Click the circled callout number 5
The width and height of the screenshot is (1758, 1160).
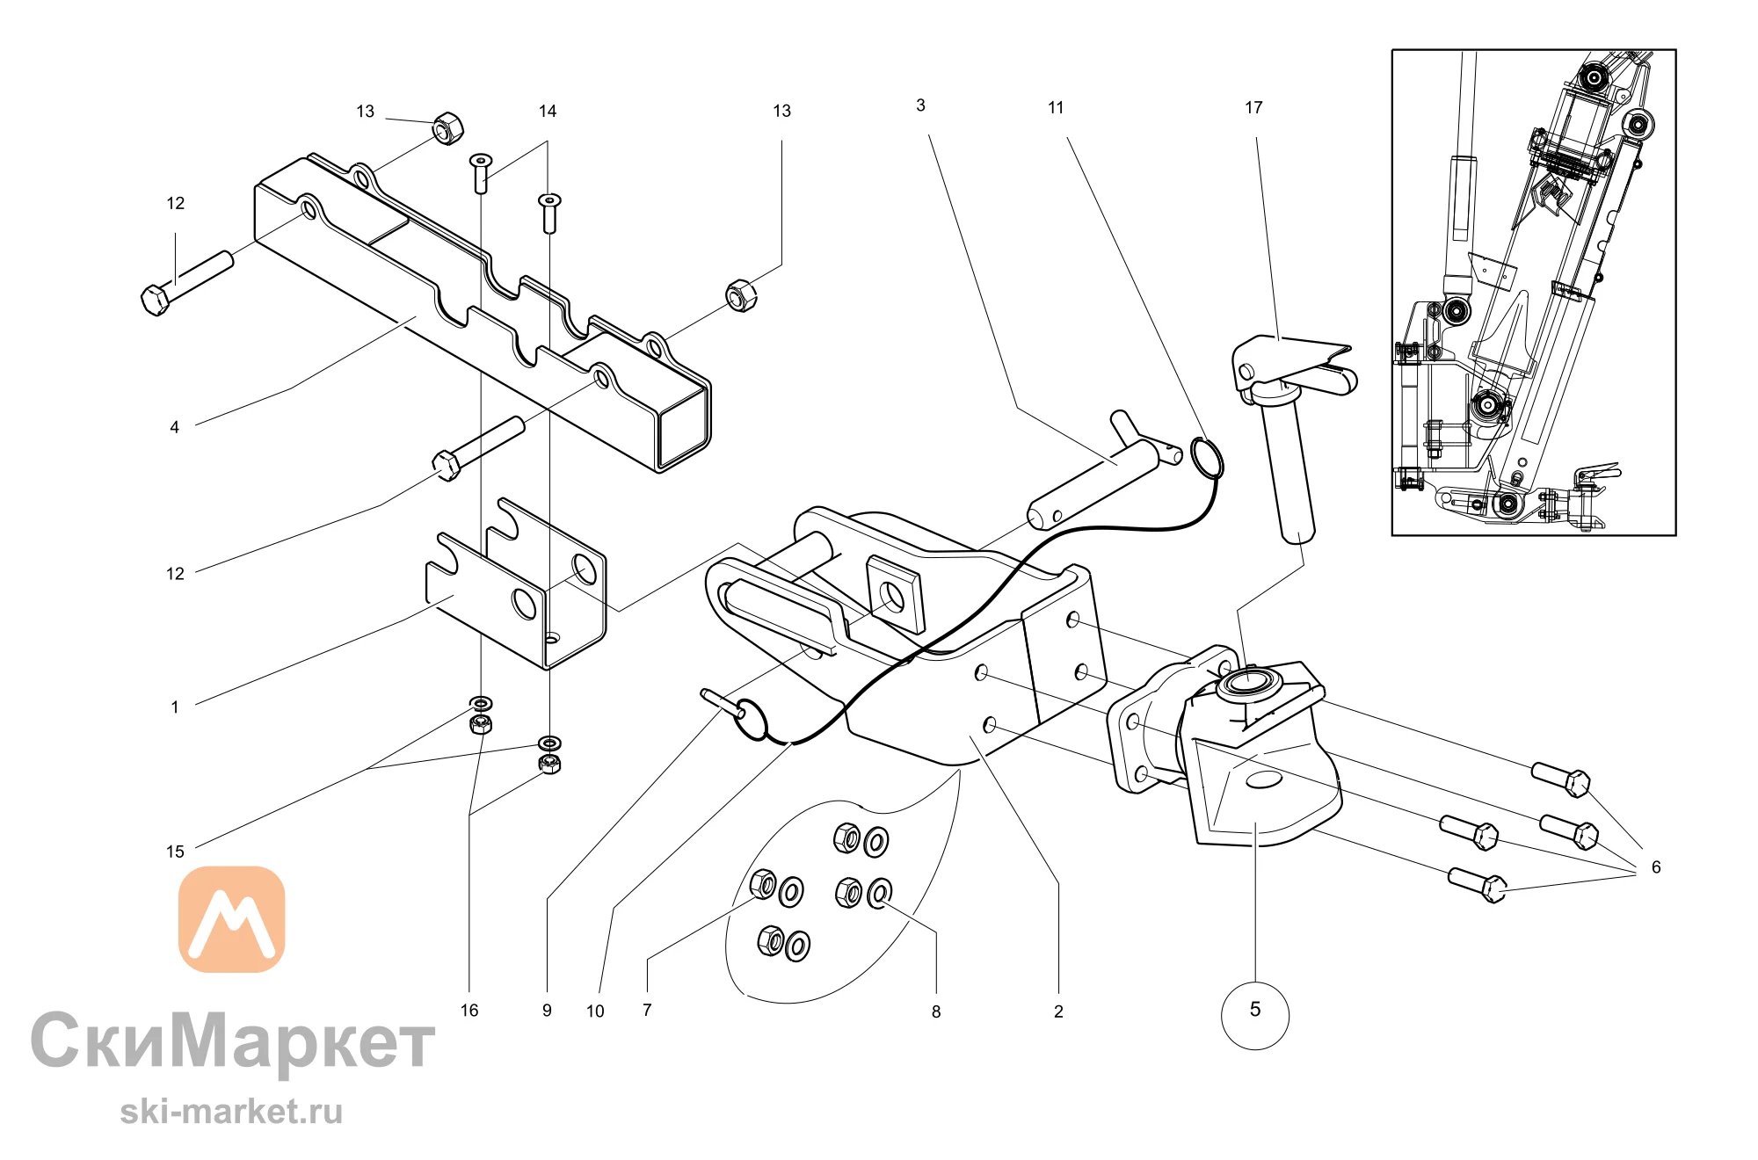click(x=1254, y=1010)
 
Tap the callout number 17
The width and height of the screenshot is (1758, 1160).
click(x=1253, y=107)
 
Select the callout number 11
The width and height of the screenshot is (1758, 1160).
click(x=1056, y=107)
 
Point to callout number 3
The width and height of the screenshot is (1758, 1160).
click(x=920, y=105)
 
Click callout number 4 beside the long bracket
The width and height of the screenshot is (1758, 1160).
click(x=174, y=427)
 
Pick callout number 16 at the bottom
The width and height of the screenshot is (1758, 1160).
click(x=469, y=1011)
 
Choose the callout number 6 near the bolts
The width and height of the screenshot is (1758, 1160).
click(x=1656, y=867)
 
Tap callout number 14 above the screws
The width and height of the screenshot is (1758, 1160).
click(x=548, y=111)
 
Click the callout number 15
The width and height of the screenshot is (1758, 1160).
click(x=175, y=852)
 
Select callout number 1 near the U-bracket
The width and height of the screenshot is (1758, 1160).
click(x=175, y=707)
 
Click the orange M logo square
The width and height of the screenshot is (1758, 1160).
click(x=232, y=919)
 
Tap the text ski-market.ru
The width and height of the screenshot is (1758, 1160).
click(x=231, y=1112)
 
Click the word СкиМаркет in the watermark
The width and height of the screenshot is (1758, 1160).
click(x=233, y=1042)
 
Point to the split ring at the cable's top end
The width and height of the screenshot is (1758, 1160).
click(x=1206, y=457)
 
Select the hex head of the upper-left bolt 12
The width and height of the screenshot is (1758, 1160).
click(x=155, y=300)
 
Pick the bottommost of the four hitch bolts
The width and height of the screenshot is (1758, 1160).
click(x=1477, y=884)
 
